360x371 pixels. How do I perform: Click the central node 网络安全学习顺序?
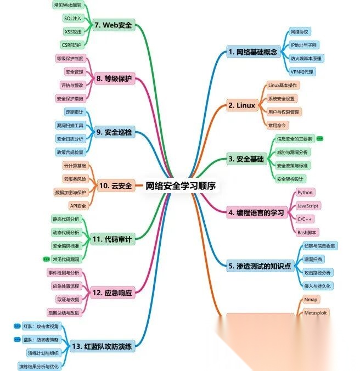pos(181,185)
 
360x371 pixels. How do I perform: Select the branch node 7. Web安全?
pos(114,25)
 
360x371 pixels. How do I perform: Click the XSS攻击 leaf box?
pos(73,32)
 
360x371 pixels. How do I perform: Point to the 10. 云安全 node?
pos(114,185)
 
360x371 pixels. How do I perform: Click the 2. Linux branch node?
pos(242,105)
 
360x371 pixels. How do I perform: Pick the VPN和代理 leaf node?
pos(302,71)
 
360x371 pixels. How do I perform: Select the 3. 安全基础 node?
pos(245,159)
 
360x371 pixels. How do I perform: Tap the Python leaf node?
pos(305,193)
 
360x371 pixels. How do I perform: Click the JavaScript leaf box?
pos(308,205)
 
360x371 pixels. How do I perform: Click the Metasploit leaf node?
pos(314,312)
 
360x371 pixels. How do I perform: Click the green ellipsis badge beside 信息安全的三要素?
pos(320,139)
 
